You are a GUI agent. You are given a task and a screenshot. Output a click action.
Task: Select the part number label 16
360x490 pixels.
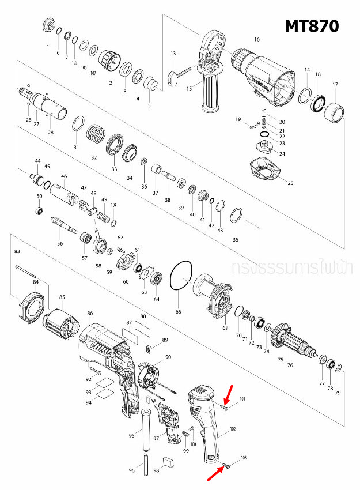click(256, 39)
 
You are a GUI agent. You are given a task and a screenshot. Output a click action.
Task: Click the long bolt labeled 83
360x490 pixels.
click(26, 270)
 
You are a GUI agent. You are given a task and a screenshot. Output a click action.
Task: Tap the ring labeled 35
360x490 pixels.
click(235, 216)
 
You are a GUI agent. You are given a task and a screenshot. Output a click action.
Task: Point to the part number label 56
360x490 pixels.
click(59, 244)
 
